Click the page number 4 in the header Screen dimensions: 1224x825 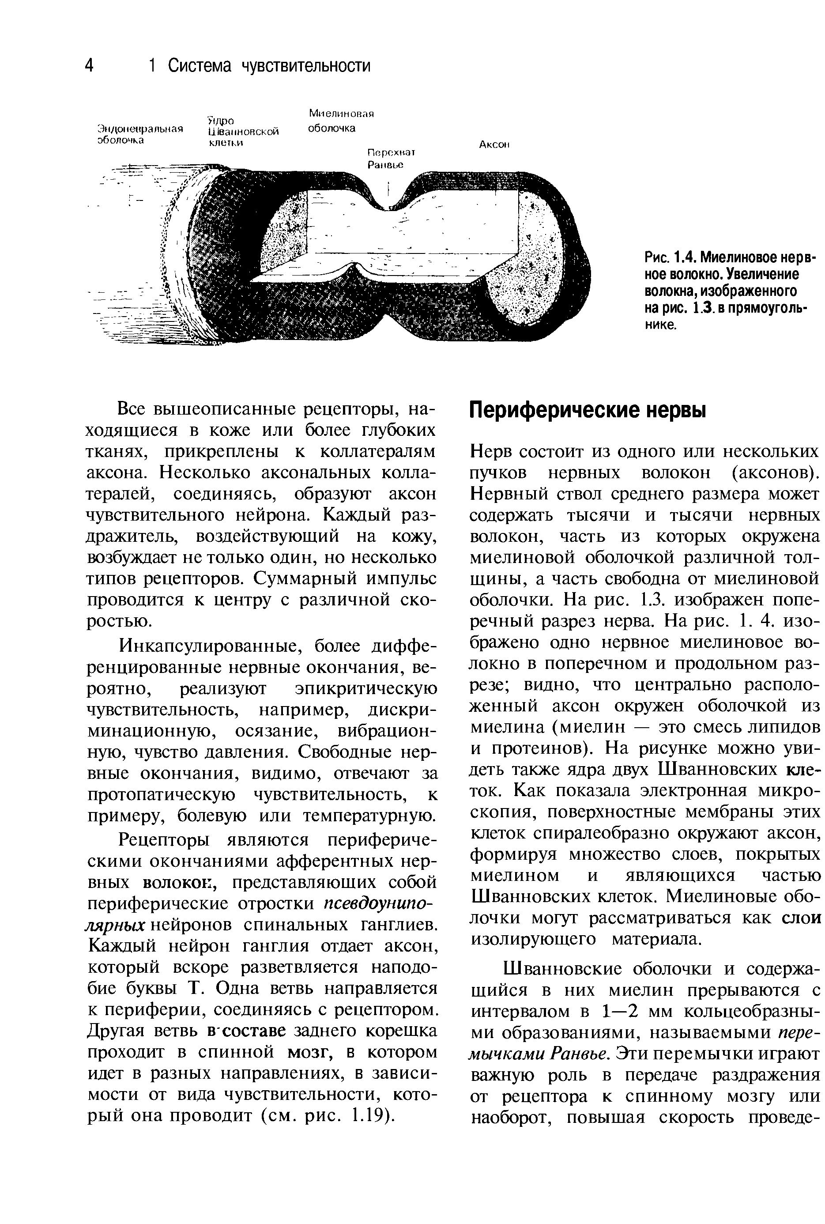click(x=90, y=66)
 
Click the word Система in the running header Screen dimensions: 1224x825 click(x=200, y=66)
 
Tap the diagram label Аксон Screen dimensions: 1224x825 click(x=494, y=145)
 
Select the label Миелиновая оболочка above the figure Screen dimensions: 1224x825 click(x=340, y=121)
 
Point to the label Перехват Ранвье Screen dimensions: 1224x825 click(x=392, y=159)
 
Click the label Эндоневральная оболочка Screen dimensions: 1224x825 click(x=139, y=134)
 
